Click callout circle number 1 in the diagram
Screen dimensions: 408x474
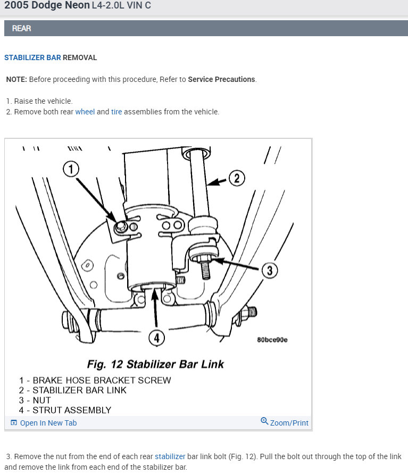click(71, 169)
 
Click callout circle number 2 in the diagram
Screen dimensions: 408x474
click(237, 178)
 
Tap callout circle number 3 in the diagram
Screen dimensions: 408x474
click(270, 270)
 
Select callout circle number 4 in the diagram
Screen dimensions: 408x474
click(156, 338)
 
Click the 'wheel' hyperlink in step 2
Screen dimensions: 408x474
click(85, 112)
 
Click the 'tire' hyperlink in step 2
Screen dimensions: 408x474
click(116, 112)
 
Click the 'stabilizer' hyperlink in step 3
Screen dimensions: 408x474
click(170, 456)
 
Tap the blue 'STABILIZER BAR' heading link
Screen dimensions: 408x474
click(32, 58)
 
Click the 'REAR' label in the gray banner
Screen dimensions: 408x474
click(21, 28)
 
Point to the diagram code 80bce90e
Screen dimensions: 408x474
click(272, 340)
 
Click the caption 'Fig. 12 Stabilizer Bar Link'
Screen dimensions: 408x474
click(155, 364)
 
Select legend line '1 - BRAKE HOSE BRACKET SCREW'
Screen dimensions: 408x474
click(95, 380)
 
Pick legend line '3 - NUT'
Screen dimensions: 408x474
click(35, 400)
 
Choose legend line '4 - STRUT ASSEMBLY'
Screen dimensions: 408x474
click(65, 410)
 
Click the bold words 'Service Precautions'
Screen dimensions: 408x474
click(221, 79)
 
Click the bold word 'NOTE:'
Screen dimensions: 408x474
click(16, 79)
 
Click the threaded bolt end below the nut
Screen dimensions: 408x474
click(205, 270)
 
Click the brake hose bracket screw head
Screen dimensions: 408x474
click(121, 227)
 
